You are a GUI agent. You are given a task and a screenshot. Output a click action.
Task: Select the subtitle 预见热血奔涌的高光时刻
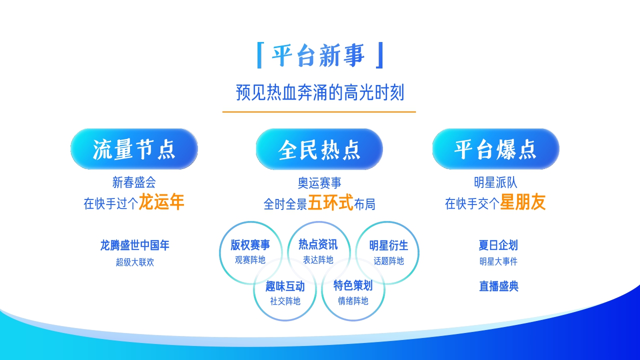(319, 93)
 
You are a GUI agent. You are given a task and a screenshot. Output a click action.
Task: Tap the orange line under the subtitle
(319, 112)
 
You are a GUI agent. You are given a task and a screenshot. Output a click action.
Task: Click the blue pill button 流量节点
(134, 149)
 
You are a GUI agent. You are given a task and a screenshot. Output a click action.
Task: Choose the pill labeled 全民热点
(319, 149)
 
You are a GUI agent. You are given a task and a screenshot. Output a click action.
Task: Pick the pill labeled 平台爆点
(495, 149)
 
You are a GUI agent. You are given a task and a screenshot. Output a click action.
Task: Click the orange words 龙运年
(161, 202)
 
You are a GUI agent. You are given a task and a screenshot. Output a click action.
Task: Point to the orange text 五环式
(330, 203)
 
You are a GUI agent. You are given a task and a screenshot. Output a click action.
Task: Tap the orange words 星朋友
(523, 202)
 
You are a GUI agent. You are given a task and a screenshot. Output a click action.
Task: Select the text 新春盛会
(134, 182)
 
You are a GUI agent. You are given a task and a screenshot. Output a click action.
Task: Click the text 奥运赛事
(319, 183)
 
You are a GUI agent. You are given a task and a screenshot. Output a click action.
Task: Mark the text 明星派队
(495, 182)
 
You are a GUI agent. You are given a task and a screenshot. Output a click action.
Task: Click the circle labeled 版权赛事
(250, 251)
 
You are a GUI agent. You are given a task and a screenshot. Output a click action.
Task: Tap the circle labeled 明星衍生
(388, 252)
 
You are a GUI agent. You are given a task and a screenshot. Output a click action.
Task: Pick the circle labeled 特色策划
(353, 292)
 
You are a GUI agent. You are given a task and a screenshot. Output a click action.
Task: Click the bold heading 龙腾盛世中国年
(134, 245)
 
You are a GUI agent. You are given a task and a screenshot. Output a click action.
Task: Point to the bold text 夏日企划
(498, 245)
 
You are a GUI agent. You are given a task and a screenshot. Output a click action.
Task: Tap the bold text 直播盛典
(498, 286)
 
